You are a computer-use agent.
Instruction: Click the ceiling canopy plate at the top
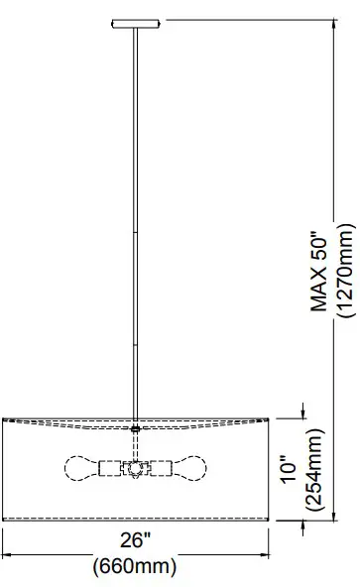(136, 24)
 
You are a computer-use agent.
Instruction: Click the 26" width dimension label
(135, 539)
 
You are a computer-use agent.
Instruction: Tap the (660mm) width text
(135, 566)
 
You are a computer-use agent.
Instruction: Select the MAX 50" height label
(319, 271)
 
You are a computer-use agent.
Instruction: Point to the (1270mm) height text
(345, 271)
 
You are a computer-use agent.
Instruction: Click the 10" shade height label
(290, 469)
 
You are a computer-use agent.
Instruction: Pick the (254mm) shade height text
(314, 469)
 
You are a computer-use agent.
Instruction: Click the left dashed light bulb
(81, 468)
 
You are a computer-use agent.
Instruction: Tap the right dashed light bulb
(189, 468)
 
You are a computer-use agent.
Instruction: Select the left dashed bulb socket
(109, 468)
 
